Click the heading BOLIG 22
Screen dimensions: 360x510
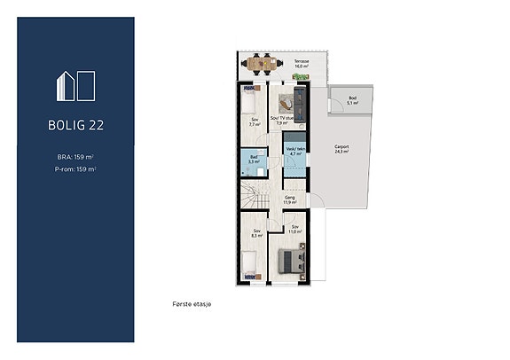(x=76, y=125)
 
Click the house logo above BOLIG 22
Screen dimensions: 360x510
(x=76, y=85)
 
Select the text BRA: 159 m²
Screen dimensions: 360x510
(x=75, y=157)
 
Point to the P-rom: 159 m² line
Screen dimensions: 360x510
(x=75, y=168)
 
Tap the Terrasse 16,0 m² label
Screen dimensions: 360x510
(x=302, y=63)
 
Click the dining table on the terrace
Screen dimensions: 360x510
(x=263, y=63)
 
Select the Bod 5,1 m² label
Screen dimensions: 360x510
(x=352, y=99)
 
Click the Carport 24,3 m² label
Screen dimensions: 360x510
(x=341, y=149)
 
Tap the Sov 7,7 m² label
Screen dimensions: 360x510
(x=255, y=122)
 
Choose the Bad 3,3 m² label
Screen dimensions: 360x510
(x=253, y=160)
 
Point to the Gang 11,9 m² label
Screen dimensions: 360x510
(x=289, y=200)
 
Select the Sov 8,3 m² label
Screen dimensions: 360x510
(x=256, y=234)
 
